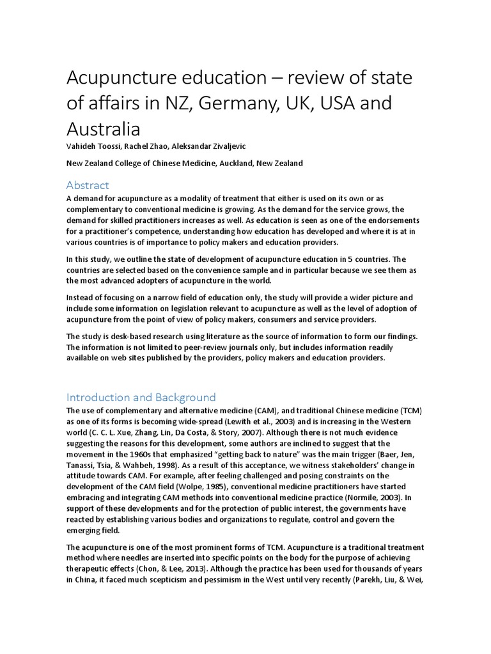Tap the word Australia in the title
104,129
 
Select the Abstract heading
88,185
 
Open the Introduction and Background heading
141,397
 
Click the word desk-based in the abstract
124,337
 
